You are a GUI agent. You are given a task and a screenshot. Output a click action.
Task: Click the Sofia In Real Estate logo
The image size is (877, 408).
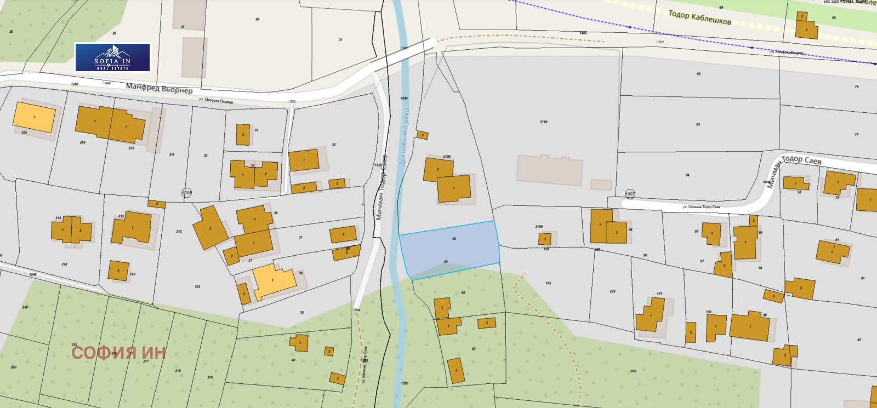click(x=112, y=58)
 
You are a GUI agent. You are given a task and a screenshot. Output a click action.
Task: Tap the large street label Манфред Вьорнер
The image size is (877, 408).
click(x=160, y=88)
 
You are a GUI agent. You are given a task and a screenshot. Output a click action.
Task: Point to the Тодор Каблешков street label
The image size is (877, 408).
click(x=699, y=18)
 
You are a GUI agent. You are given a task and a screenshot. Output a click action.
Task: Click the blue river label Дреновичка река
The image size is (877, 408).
click(x=405, y=137)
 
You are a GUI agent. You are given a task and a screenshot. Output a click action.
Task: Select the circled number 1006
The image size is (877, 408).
click(x=187, y=193)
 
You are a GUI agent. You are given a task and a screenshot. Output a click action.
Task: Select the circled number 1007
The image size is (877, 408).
click(x=630, y=194)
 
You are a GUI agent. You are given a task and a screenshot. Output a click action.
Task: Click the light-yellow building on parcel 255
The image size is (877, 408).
click(x=34, y=117)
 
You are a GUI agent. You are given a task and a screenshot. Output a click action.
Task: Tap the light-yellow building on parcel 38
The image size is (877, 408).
click(x=274, y=280)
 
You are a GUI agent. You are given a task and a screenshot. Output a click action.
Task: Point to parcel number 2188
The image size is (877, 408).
click(x=543, y=122)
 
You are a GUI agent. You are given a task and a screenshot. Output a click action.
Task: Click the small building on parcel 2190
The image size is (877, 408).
click(x=545, y=239)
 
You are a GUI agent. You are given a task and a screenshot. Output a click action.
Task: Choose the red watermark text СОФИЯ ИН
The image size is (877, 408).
click(x=118, y=353)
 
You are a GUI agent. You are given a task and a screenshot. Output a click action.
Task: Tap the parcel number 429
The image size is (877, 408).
click(x=612, y=291)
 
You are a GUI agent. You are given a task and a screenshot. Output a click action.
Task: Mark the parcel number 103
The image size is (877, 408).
click(x=633, y=371)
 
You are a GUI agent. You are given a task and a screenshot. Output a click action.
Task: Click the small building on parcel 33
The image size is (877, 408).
click(x=243, y=135)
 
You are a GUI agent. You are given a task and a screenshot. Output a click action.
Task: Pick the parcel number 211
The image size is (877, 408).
click(x=172, y=155)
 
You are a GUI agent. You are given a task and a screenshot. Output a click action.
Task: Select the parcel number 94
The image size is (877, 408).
click(x=687, y=175)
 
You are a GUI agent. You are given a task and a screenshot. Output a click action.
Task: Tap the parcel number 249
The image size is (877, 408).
click(x=25, y=307)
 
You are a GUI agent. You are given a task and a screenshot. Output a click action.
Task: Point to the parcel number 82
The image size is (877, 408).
click(x=859, y=340)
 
